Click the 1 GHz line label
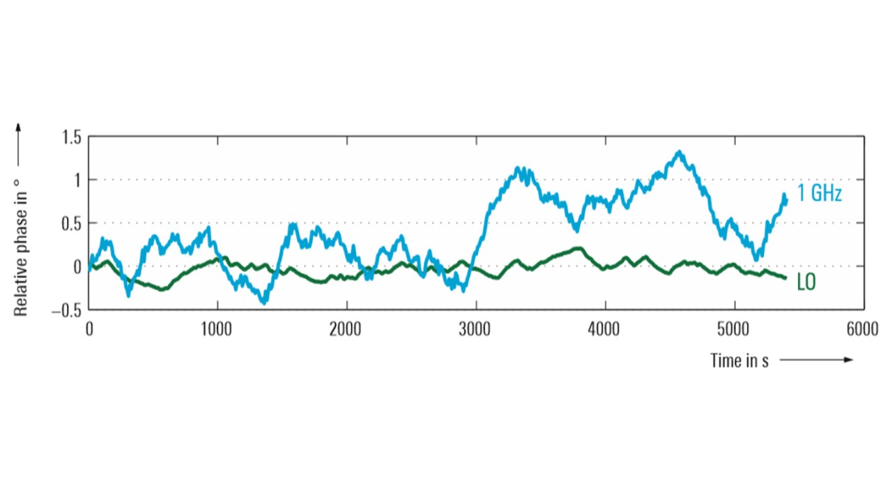click(820, 193)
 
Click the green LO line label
click(806, 282)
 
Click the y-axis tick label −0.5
click(66, 310)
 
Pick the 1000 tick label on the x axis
click(217, 330)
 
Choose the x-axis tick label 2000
click(346, 330)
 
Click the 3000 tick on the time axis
click(476, 330)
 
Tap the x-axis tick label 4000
click(605, 330)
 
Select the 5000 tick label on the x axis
click(735, 330)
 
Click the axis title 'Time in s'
click(739, 360)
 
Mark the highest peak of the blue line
click(678, 151)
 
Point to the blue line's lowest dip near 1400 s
click(263, 303)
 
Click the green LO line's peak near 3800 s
click(578, 248)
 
